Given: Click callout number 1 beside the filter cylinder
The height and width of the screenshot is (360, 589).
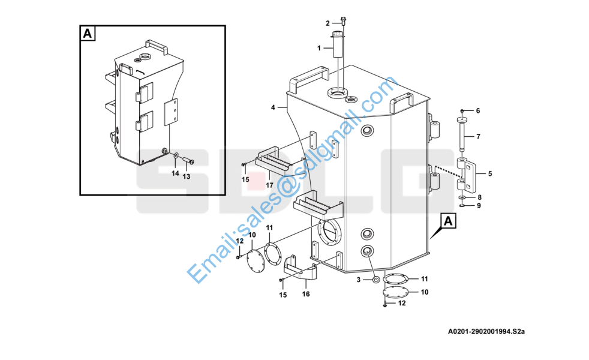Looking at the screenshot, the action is [x=319, y=48].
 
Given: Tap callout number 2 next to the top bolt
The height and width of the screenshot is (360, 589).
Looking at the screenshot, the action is [x=327, y=23].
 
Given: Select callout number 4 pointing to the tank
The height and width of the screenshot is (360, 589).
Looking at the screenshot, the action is [x=273, y=107].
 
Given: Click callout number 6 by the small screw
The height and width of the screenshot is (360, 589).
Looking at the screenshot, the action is [x=478, y=110].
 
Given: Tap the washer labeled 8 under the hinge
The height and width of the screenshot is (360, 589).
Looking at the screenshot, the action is [x=462, y=197].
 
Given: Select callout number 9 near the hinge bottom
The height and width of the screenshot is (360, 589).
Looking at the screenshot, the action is [x=479, y=206].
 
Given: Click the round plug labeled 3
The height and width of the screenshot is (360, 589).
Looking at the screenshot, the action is [x=375, y=280].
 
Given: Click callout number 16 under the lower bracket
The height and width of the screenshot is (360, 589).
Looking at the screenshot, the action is [x=306, y=294].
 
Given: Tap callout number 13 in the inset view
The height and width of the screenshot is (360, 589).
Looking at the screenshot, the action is [x=187, y=176].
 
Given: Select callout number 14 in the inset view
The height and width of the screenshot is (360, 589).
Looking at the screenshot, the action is [x=175, y=173].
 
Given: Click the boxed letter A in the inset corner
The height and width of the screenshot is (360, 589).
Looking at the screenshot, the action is [x=87, y=34].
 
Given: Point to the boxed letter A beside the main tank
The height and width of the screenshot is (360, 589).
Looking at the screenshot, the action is [x=448, y=221].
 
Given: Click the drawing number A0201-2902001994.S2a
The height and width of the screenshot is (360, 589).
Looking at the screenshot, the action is [x=486, y=331].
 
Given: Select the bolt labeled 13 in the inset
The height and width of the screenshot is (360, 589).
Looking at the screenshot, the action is [x=188, y=160].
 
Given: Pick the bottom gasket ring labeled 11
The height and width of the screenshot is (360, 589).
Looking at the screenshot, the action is [x=395, y=279].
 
